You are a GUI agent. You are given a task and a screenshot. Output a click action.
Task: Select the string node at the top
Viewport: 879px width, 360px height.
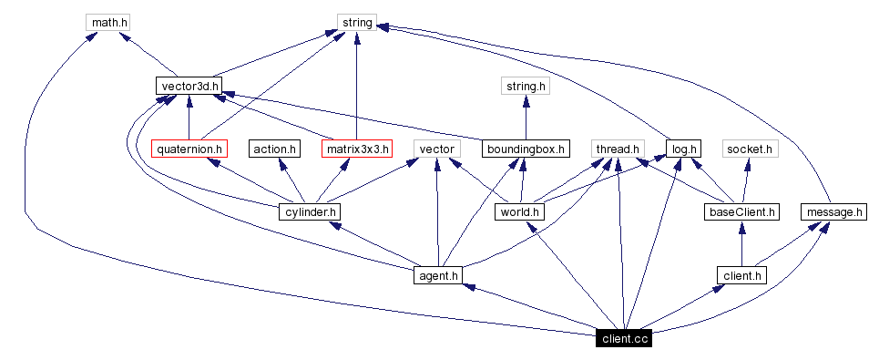[x=356, y=22]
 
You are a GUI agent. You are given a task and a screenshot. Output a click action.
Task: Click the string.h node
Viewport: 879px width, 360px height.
[x=526, y=86]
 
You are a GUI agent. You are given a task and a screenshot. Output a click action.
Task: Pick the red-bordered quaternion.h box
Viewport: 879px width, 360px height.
[x=189, y=149]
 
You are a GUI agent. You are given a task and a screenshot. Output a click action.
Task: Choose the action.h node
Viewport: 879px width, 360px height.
[x=274, y=149]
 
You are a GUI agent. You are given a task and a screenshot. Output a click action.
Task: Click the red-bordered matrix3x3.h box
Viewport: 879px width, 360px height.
[x=356, y=149]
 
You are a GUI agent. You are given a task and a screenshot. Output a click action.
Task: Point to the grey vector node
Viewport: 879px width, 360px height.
[x=436, y=149]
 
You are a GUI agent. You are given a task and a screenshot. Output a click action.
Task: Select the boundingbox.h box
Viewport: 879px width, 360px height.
[x=526, y=149]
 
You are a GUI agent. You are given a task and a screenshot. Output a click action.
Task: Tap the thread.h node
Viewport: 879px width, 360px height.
[x=618, y=149]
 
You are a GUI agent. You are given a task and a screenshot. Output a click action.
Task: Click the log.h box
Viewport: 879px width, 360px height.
[x=683, y=149]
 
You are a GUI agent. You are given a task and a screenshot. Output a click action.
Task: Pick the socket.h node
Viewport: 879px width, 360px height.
[x=749, y=149]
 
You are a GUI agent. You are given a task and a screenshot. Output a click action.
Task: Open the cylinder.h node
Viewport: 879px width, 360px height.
[x=310, y=211]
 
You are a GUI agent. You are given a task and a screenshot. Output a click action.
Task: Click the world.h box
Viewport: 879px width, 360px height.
[x=519, y=211]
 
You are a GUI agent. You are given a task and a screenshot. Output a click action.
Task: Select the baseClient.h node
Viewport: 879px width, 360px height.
[x=742, y=211]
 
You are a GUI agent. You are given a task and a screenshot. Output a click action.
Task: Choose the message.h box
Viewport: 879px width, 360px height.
[x=833, y=211]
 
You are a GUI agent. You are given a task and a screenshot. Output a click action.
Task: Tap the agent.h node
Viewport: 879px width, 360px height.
[x=438, y=274]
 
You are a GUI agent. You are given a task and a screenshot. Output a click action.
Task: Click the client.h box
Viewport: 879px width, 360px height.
[x=742, y=274]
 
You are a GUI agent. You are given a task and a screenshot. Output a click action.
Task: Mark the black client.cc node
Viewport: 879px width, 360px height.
[x=624, y=338]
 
